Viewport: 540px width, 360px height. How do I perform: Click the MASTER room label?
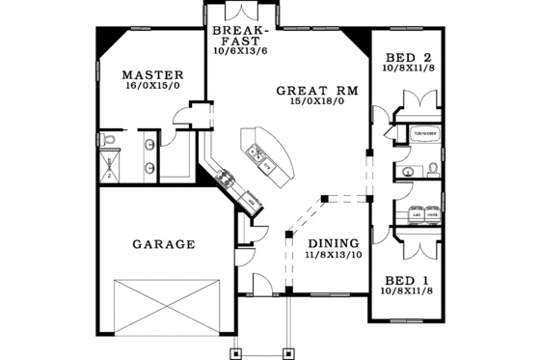click(148, 74)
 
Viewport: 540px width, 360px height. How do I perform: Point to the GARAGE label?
click(164, 244)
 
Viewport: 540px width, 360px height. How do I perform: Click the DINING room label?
click(334, 243)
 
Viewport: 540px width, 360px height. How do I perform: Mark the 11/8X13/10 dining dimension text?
click(334, 256)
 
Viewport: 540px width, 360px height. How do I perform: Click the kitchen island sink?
click(257, 152)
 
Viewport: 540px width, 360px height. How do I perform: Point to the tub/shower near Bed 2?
click(425, 133)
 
